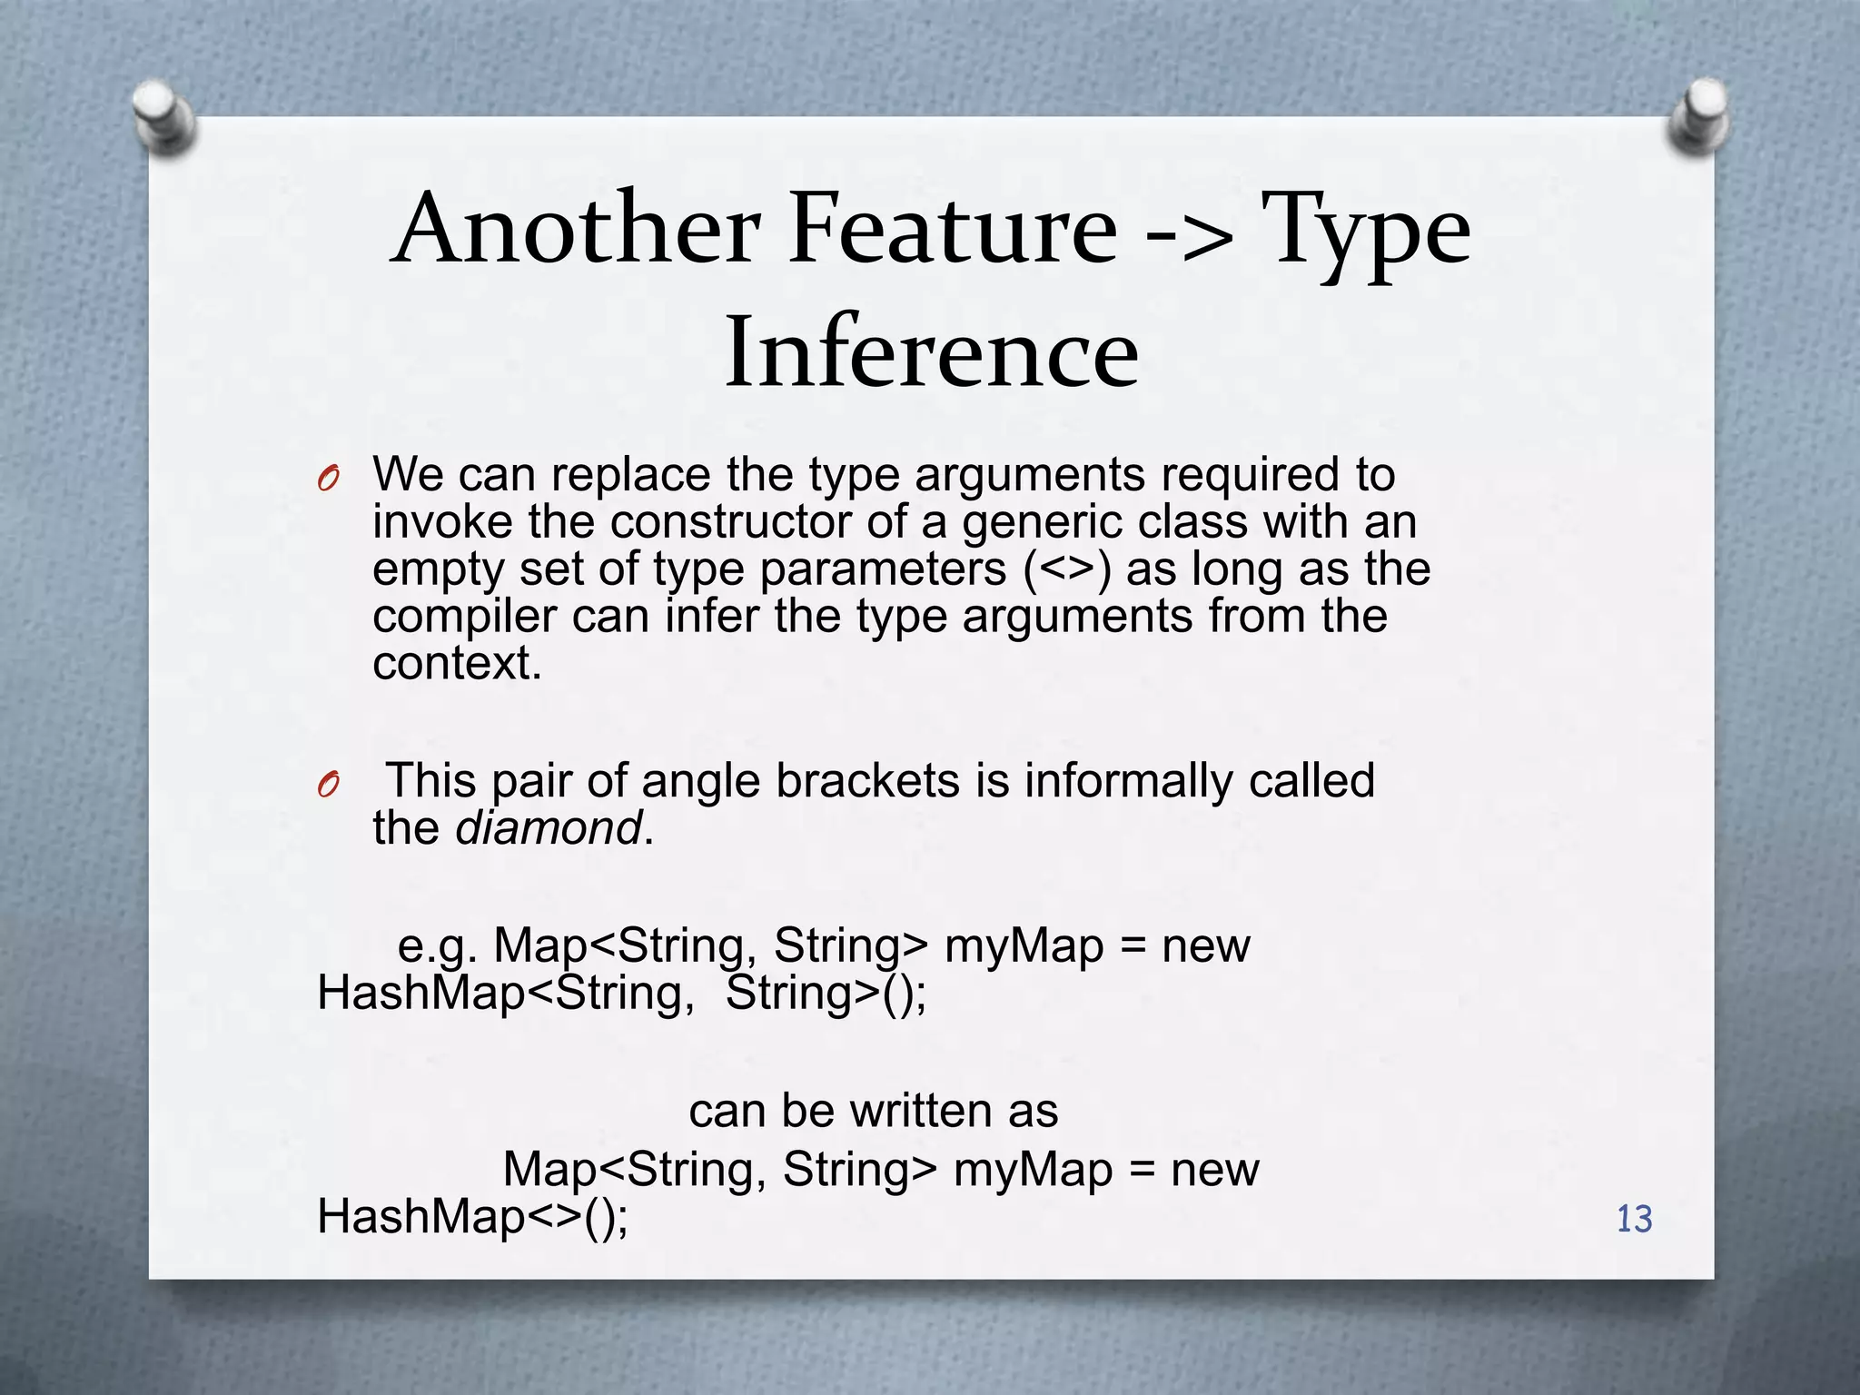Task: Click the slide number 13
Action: pos(1634,1219)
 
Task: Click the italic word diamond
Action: pos(549,828)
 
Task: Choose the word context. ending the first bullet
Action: pos(457,664)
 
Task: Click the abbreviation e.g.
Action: pos(438,947)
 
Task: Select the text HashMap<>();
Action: pos(472,1217)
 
